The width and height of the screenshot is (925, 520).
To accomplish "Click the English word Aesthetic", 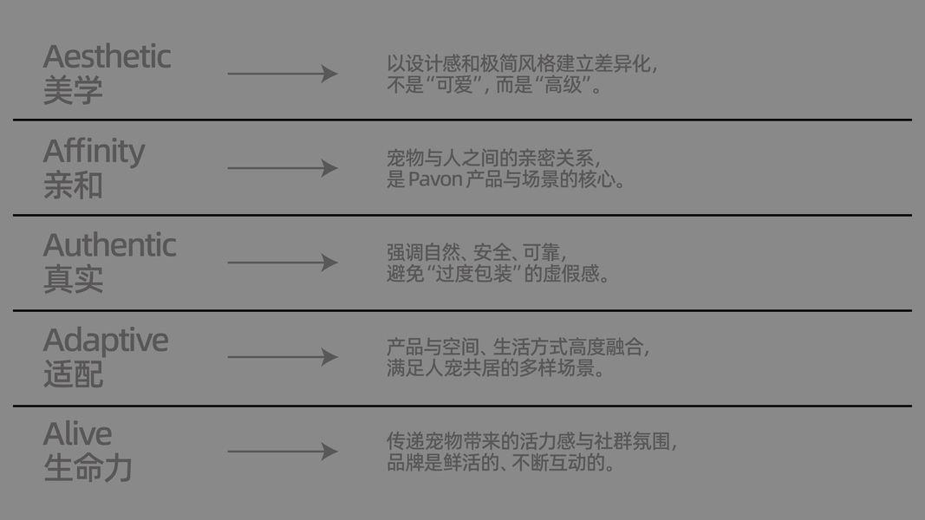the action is pyautogui.click(x=107, y=57).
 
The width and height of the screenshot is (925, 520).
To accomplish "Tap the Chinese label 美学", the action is pyautogui.click(x=73, y=90).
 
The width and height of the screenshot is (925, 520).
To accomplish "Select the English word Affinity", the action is pyautogui.click(x=94, y=152).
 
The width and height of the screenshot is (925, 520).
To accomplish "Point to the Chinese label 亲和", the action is pyautogui.click(x=73, y=185).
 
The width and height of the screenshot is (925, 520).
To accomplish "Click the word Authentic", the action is pyautogui.click(x=109, y=246).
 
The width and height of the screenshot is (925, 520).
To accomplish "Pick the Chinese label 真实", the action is pyautogui.click(x=73, y=279).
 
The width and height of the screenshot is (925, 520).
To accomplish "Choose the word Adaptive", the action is pyautogui.click(x=106, y=341).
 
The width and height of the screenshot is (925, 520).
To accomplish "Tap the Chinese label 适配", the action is pyautogui.click(x=73, y=374).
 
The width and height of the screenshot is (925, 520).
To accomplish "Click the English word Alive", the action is pyautogui.click(x=77, y=434).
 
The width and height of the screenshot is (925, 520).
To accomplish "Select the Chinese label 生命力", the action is pyautogui.click(x=88, y=468).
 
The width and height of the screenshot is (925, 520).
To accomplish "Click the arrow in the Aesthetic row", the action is pyautogui.click(x=282, y=74).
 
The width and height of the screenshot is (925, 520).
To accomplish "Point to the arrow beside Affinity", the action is pyautogui.click(x=282, y=168).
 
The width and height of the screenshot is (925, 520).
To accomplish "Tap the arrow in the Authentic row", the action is pyautogui.click(x=282, y=263).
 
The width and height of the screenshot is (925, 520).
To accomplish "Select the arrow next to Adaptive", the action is pyautogui.click(x=282, y=357).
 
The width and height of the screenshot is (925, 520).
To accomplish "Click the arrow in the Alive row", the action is pyautogui.click(x=282, y=452).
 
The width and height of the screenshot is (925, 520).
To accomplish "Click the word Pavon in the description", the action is pyautogui.click(x=434, y=180).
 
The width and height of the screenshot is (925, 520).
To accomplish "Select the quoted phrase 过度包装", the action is pyautogui.click(x=473, y=275).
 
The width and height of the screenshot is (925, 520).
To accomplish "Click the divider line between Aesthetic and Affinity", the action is pyautogui.click(x=462, y=120).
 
